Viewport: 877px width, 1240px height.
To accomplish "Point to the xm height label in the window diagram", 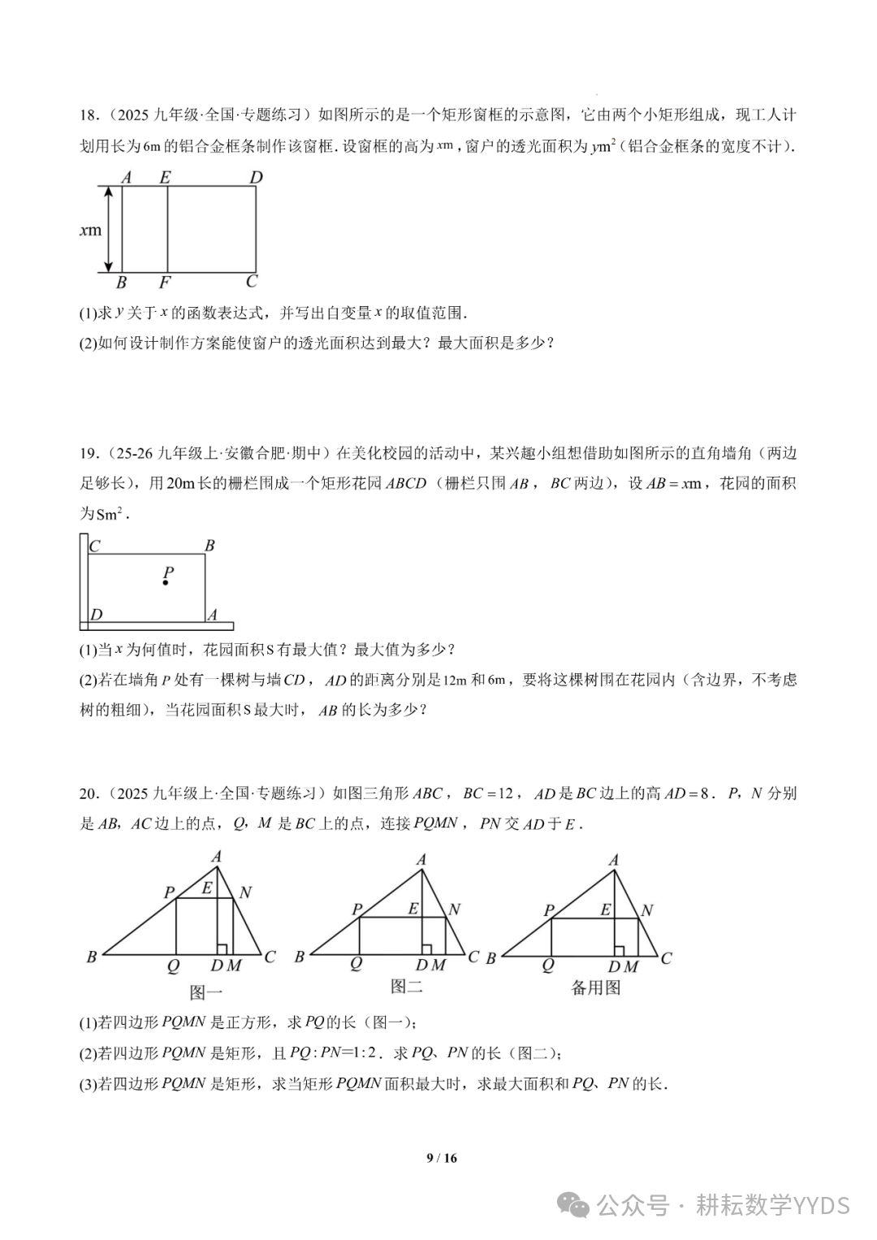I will [x=90, y=230].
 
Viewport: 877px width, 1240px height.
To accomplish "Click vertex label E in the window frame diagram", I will [x=166, y=177].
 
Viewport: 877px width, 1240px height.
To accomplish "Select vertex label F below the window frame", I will [x=165, y=283].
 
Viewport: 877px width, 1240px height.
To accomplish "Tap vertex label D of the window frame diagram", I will [x=256, y=177].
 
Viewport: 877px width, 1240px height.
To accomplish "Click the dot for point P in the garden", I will [x=166, y=583].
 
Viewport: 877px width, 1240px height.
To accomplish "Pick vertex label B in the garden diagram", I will [x=210, y=546].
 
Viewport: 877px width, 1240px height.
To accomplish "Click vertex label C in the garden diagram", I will [x=95, y=547].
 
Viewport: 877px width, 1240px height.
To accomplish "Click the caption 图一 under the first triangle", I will [x=205, y=992].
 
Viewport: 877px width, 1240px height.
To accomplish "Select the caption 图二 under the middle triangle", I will [x=407, y=987].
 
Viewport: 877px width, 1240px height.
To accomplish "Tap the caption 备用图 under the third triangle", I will [x=596, y=987].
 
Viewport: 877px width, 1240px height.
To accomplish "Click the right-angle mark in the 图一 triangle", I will [x=221, y=948].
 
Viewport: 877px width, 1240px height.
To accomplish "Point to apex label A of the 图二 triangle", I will [x=421, y=860].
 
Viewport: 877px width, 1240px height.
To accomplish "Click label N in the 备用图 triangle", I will [x=647, y=910].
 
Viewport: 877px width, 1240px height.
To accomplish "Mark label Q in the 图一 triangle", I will [x=173, y=966].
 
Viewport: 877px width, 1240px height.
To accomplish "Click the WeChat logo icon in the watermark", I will [x=577, y=1205].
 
